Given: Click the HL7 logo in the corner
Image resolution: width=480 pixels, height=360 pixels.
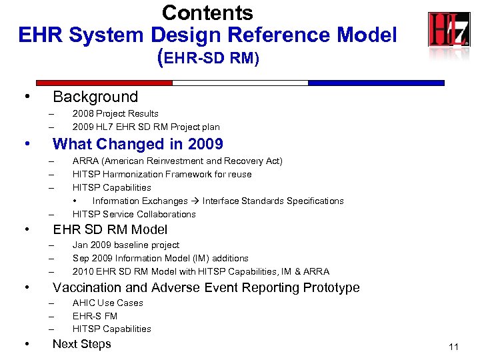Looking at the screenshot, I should tap(448, 30).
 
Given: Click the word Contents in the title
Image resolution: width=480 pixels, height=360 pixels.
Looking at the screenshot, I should tap(207, 13).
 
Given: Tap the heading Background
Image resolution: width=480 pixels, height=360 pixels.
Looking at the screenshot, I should tap(95, 97).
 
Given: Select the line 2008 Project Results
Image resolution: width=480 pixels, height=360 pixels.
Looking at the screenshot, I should tap(115, 114).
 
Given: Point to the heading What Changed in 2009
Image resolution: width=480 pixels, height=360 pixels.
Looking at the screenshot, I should tap(137, 144).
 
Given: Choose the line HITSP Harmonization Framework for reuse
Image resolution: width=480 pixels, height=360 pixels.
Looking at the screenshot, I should tap(162, 175).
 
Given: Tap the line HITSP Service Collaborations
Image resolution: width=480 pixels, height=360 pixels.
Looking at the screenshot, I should tap(134, 214).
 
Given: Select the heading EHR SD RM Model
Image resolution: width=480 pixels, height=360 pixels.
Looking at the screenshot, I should tap(110, 230).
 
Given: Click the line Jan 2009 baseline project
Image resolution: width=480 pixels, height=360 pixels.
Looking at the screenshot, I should tap(126, 245).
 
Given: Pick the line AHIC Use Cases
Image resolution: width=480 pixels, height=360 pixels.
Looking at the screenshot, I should tap(107, 303).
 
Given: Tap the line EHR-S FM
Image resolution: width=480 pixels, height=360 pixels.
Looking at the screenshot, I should tap(95, 316).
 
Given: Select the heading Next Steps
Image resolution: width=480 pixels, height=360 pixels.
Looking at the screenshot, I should tap(81, 344).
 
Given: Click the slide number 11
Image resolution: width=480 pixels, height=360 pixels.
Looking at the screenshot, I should tap(454, 347).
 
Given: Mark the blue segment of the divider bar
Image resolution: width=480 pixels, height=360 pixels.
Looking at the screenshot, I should tap(376, 83).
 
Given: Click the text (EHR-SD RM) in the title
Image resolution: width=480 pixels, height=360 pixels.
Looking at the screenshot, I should tap(207, 58).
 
